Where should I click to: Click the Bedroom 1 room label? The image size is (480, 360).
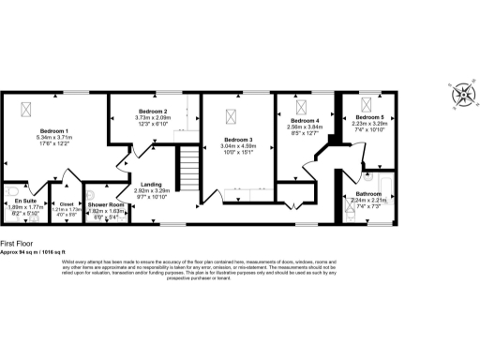(x=54, y=130)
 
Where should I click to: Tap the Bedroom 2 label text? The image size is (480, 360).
(x=152, y=112)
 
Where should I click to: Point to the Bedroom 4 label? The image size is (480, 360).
(x=306, y=121)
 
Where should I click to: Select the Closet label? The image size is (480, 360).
(x=66, y=202)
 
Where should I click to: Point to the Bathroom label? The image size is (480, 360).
(x=367, y=192)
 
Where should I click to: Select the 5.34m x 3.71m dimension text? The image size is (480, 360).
(x=54, y=137)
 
